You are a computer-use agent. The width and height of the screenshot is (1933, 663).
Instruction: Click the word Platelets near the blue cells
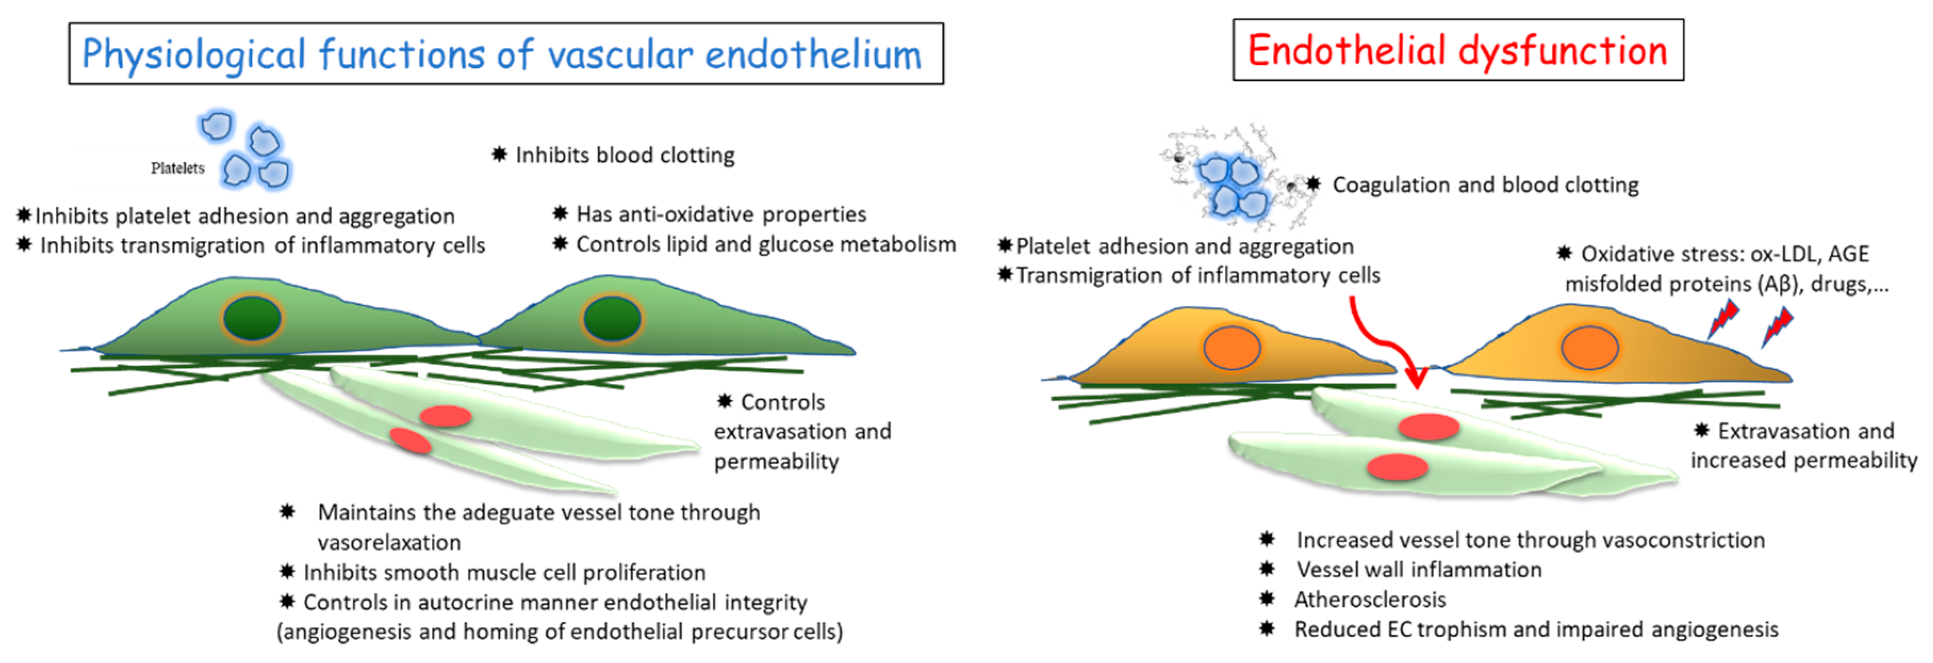tap(177, 168)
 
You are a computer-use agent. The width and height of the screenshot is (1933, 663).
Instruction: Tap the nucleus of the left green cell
tap(252, 318)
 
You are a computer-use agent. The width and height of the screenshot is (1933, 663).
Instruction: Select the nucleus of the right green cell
tap(612, 318)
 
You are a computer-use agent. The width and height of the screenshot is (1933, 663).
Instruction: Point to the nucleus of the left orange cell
tap(1231, 348)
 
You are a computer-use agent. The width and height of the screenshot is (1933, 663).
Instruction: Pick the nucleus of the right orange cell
tap(1589, 348)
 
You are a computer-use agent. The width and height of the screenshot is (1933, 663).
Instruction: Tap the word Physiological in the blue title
tap(194, 55)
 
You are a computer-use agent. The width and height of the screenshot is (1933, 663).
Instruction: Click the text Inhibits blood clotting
tap(624, 155)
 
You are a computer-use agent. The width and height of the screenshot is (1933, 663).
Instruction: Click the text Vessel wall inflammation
tap(1418, 570)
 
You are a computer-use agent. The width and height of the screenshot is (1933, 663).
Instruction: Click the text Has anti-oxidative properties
tap(720, 215)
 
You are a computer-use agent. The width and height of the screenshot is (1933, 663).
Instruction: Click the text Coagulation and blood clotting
tap(1484, 185)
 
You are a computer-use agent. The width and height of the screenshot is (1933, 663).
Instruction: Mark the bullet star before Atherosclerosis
tap(1266, 599)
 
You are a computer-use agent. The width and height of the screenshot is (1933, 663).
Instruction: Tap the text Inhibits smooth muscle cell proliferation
tap(504, 573)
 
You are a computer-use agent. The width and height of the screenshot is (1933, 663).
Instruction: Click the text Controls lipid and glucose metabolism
tap(766, 245)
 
